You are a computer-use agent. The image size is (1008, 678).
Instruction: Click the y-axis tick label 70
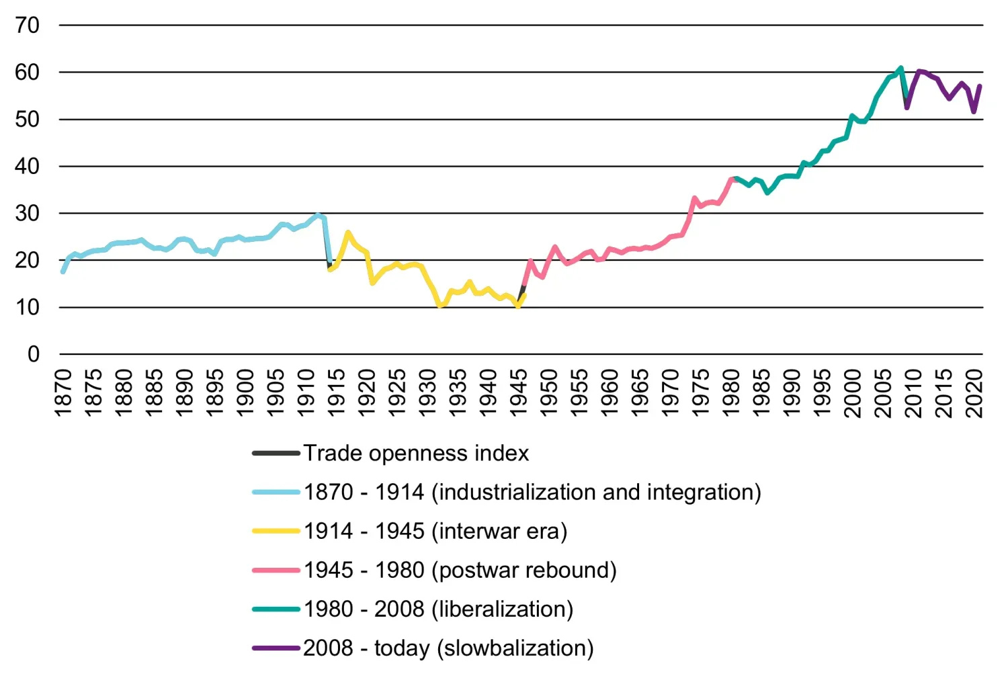pos(27,26)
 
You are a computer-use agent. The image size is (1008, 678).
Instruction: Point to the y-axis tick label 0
pos(33,354)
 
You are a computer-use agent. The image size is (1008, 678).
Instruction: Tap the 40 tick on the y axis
pos(27,166)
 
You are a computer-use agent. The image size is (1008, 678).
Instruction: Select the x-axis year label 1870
pos(62,393)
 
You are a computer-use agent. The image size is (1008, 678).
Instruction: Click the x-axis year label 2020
pos(974,393)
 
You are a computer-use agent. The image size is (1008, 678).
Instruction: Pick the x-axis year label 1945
pos(518,393)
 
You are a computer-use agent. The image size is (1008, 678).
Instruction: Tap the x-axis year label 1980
pos(730,393)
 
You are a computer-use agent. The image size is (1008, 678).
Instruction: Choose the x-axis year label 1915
pos(336,393)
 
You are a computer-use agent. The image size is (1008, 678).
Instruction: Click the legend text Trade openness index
pos(416,454)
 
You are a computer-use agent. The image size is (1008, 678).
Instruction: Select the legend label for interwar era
pos(435,532)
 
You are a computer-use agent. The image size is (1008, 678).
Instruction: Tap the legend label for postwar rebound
pos(460,570)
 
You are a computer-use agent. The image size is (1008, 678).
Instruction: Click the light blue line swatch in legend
pos(276,493)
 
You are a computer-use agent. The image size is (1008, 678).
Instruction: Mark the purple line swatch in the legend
pos(276,648)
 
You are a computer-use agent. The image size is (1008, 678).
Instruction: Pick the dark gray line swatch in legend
pos(276,454)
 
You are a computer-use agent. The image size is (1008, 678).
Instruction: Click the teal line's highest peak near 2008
pos(900,68)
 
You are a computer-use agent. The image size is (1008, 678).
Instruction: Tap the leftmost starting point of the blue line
pos(62,271)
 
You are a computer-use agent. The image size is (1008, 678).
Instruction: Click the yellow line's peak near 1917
pos(347,232)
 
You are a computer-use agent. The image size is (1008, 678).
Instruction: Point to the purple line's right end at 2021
pos(980,86)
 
